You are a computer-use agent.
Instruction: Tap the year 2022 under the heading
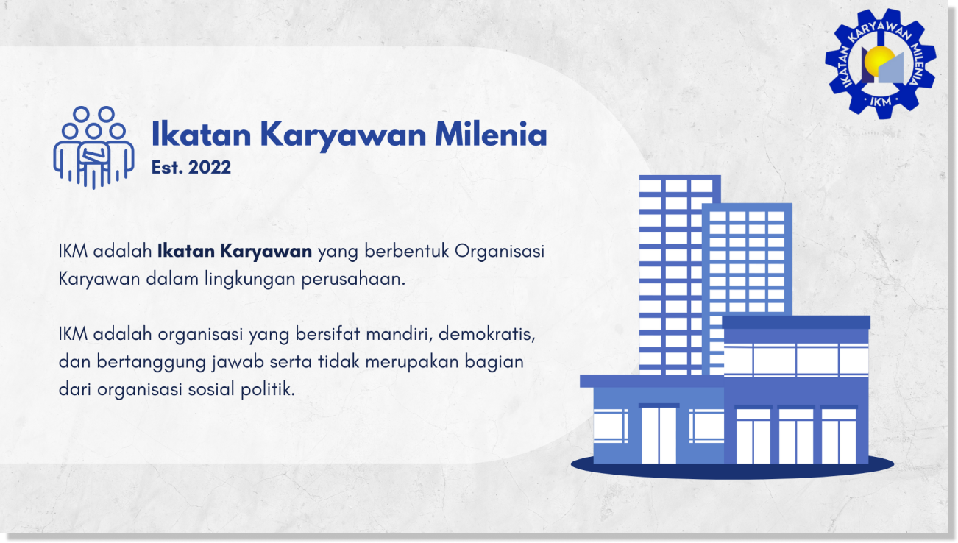pyautogui.click(x=210, y=168)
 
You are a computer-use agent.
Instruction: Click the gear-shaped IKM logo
pyautogui.click(x=879, y=63)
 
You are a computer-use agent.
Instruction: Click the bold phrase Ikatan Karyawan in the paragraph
pyautogui.click(x=235, y=252)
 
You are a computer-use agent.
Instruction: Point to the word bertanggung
pyautogui.click(x=138, y=362)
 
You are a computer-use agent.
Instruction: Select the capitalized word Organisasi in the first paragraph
pyautogui.click(x=500, y=252)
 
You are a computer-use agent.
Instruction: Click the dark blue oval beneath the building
pyautogui.click(x=732, y=466)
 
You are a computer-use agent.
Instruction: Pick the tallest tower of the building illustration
pyautogui.click(x=677, y=272)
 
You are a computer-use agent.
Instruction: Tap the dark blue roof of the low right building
pyautogui.click(x=795, y=322)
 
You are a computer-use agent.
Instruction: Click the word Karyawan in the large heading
pyautogui.click(x=343, y=135)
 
